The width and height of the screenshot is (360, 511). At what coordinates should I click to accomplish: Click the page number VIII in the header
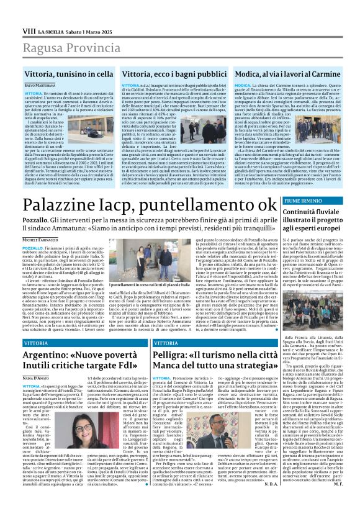click(29, 30)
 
